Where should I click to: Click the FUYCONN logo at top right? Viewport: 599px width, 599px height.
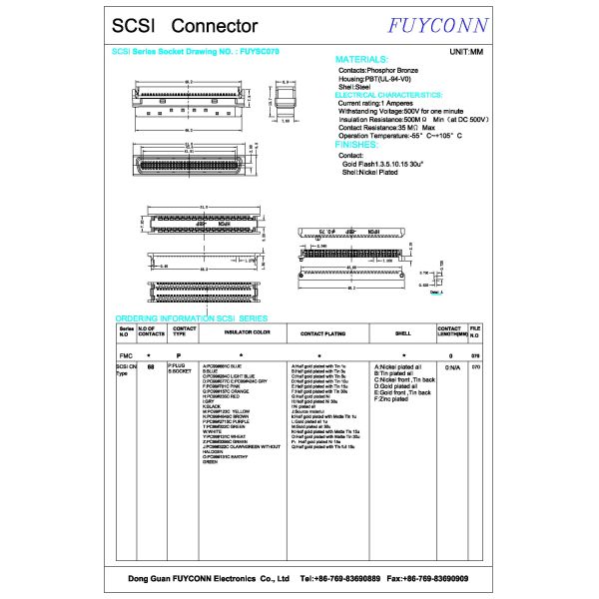430,25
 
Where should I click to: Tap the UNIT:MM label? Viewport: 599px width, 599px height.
466,50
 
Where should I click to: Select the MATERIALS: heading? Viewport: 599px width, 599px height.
368,60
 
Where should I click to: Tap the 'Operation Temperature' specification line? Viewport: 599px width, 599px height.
398,136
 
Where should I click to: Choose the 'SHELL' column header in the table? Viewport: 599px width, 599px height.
403,331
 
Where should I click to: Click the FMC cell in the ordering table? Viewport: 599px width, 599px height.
126,354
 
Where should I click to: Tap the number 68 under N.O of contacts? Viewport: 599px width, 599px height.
150,367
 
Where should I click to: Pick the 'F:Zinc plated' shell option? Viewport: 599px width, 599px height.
392,399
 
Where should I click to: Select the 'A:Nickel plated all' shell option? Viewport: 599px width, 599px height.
398,367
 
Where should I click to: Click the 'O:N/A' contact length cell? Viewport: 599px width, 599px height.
451,367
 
